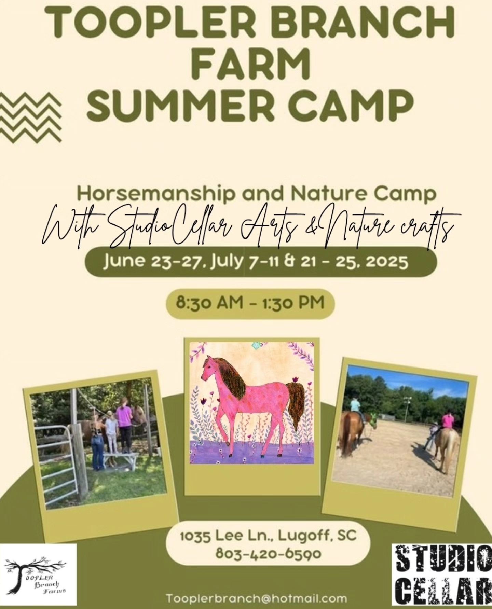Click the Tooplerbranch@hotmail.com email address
pos(257,598)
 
